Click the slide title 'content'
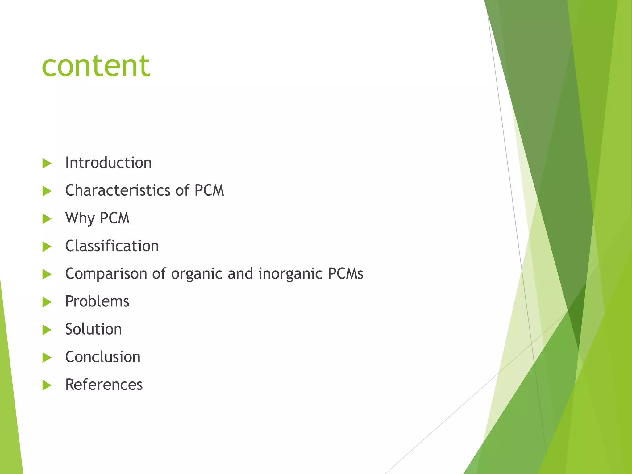click(96, 66)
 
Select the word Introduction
click(108, 163)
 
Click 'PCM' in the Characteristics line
click(209, 190)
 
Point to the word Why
click(80, 218)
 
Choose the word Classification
click(112, 246)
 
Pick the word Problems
click(97, 301)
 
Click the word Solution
click(94, 329)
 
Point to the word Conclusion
click(103, 357)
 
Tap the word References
click(104, 385)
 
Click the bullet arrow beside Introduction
click(47, 164)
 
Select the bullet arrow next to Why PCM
click(47, 219)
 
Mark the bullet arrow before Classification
click(47, 247)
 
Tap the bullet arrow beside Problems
click(47, 302)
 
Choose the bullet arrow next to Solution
click(47, 330)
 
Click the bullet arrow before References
click(47, 385)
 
